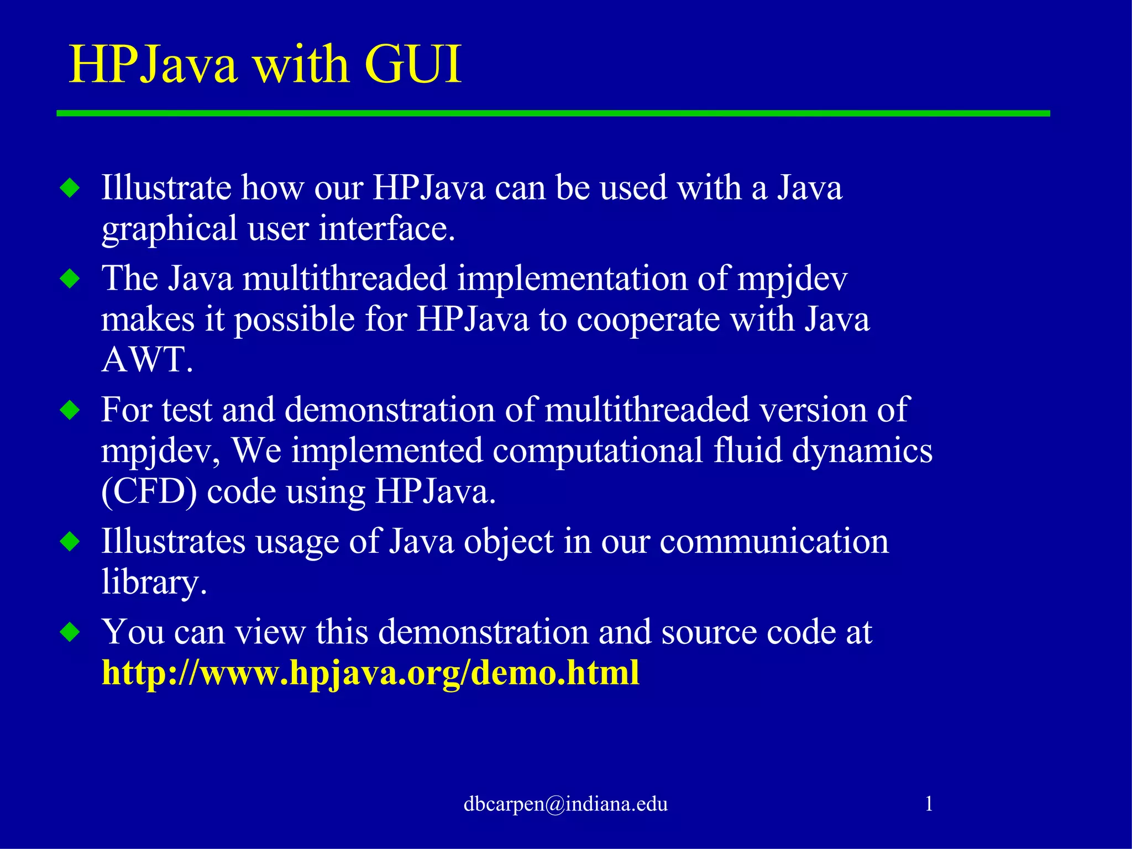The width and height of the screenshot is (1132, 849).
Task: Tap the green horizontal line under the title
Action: coord(553,113)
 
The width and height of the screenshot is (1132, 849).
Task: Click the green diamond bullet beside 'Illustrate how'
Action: coord(70,188)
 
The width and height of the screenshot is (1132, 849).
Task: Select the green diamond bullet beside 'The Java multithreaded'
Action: coord(70,278)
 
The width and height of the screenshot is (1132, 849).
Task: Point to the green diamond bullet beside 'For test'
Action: coord(70,410)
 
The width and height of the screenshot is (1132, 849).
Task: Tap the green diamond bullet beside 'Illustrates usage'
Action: coord(70,541)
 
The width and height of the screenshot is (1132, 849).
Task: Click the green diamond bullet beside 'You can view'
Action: coord(70,632)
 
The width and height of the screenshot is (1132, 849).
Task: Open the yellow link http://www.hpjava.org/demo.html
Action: coord(370,673)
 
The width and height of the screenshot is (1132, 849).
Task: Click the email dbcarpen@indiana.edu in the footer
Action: coord(565,804)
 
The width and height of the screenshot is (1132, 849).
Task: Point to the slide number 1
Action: coord(929,803)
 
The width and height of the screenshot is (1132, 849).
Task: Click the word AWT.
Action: coord(147,360)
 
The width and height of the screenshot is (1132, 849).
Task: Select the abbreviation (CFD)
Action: coord(149,491)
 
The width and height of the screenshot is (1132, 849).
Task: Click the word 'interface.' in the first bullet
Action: coord(387,229)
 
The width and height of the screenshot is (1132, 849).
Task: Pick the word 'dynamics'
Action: coord(862,450)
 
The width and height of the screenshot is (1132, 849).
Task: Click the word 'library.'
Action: coord(154,583)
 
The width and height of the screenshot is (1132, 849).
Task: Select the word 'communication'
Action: coord(774,541)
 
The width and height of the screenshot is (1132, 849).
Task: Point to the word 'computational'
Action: coord(598,450)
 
